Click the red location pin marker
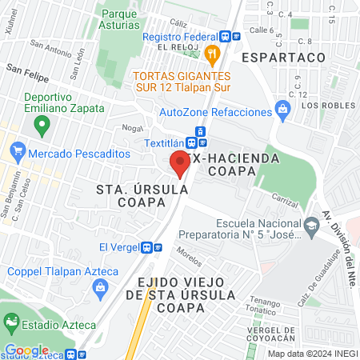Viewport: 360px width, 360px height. [x=181, y=163]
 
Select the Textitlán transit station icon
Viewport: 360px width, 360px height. [x=200, y=133]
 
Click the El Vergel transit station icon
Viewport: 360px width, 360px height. [x=146, y=247]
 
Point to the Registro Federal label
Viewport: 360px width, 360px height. [x=179, y=37]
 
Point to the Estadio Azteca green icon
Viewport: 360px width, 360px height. [x=12, y=323]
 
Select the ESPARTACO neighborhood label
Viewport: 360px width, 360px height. [x=283, y=58]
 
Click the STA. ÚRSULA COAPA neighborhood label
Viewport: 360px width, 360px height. [x=142, y=196]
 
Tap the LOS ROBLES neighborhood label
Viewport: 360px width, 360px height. [x=324, y=105]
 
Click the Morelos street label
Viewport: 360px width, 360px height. [x=190, y=260]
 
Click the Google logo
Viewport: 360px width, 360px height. [x=27, y=350]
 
